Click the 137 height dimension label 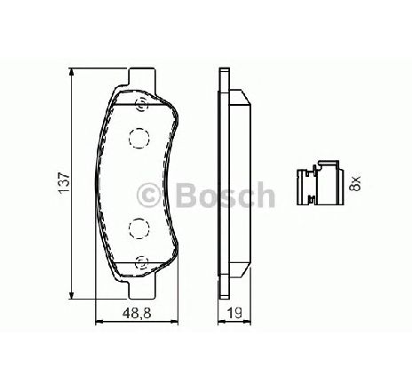pyautogui.click(x=65, y=182)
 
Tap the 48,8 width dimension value pyautogui.click(x=137, y=313)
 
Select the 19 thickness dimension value pyautogui.click(x=234, y=313)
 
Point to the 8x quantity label pyautogui.click(x=355, y=183)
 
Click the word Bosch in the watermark pyautogui.click(x=226, y=195)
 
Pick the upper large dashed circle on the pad pyautogui.click(x=139, y=138)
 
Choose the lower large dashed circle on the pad pyautogui.click(x=139, y=228)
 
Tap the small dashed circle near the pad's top pyautogui.click(x=141, y=104)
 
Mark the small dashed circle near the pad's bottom pyautogui.click(x=141, y=262)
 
